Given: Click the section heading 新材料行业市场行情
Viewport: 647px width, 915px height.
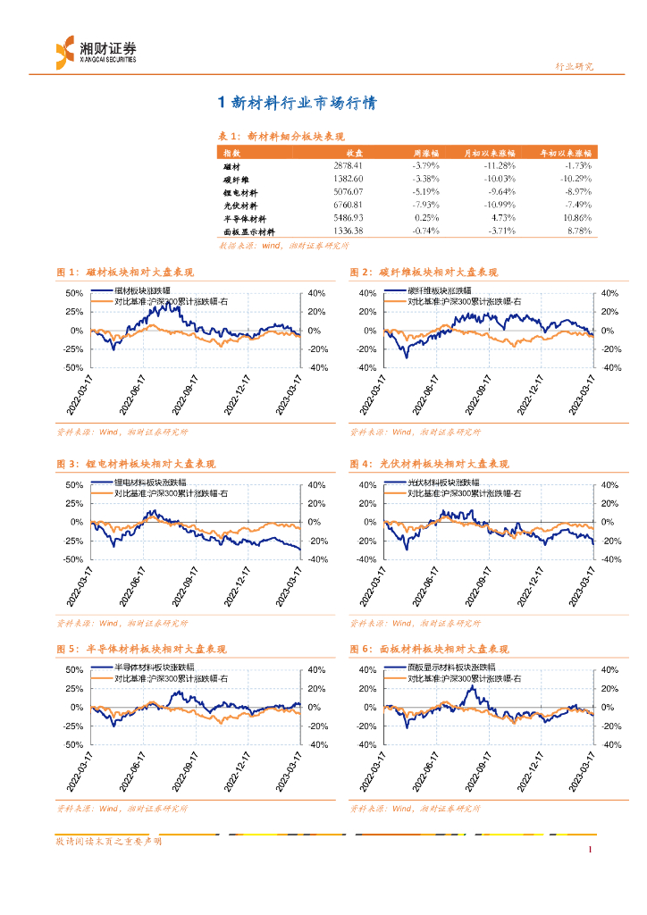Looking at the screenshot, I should (298, 104).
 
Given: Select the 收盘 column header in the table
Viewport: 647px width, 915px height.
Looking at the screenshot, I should (355, 154).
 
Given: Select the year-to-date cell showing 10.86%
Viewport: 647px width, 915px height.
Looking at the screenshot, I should (578, 218).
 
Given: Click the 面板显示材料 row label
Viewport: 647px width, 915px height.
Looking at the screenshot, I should (248, 231).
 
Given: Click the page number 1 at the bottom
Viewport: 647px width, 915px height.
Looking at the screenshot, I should (591, 850).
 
